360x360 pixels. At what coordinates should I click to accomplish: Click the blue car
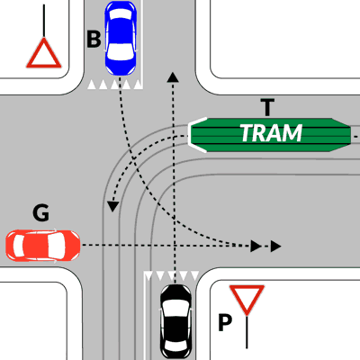(121, 38)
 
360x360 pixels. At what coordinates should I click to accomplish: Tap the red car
(43, 246)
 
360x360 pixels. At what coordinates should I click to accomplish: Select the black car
(175, 321)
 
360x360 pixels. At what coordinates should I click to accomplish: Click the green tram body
(270, 135)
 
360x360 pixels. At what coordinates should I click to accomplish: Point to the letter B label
(94, 40)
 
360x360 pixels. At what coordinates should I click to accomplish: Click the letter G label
(40, 212)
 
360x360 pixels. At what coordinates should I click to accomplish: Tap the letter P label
(225, 322)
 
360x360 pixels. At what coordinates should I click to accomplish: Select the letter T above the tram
(267, 108)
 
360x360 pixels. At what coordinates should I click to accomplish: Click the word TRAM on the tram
(271, 133)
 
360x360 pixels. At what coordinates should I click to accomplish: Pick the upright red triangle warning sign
(44, 54)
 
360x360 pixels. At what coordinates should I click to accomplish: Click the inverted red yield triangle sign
(247, 300)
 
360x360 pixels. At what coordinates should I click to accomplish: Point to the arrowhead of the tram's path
(112, 207)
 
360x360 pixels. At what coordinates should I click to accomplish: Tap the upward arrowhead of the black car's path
(173, 77)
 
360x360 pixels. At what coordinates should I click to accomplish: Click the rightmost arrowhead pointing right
(275, 247)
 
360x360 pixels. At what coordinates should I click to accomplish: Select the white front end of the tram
(196, 135)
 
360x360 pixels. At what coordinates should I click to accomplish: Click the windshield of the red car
(57, 246)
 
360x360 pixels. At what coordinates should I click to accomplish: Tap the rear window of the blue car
(121, 13)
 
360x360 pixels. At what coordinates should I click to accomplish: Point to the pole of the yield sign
(247, 331)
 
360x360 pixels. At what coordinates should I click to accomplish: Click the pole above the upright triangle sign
(44, 21)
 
